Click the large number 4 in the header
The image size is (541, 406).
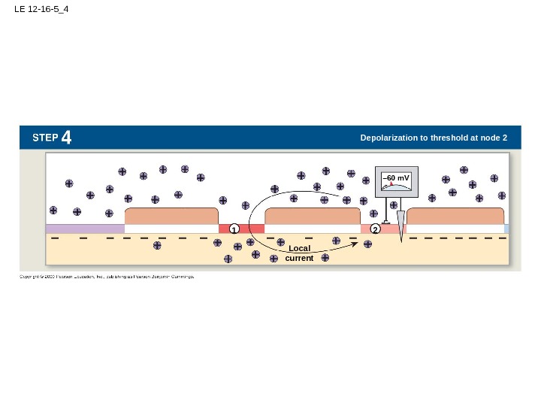pyautogui.click(x=67, y=138)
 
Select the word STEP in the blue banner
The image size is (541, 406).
pyautogui.click(x=45, y=138)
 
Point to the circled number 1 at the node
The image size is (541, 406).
pyautogui.click(x=234, y=229)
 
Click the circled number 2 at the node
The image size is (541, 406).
pyautogui.click(x=375, y=229)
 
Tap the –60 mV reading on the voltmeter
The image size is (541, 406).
pyautogui.click(x=396, y=178)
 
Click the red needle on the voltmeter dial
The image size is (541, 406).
pyautogui.click(x=392, y=183)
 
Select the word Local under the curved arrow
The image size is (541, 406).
pyautogui.click(x=299, y=248)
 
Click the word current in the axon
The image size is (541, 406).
pyautogui.click(x=299, y=258)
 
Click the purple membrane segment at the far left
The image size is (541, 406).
pyautogui.click(x=84, y=229)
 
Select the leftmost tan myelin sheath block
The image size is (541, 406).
pyautogui.click(x=171, y=216)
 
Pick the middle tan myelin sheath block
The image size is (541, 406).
pyautogui.click(x=313, y=216)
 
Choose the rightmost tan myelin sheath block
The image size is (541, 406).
pyautogui.click(x=455, y=216)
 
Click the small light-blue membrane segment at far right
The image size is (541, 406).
pyautogui.click(x=506, y=229)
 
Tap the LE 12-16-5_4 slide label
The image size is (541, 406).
pyautogui.click(x=41, y=11)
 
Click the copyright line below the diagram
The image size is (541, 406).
pyautogui.click(x=106, y=277)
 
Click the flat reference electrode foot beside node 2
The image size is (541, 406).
pyautogui.click(x=385, y=223)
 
